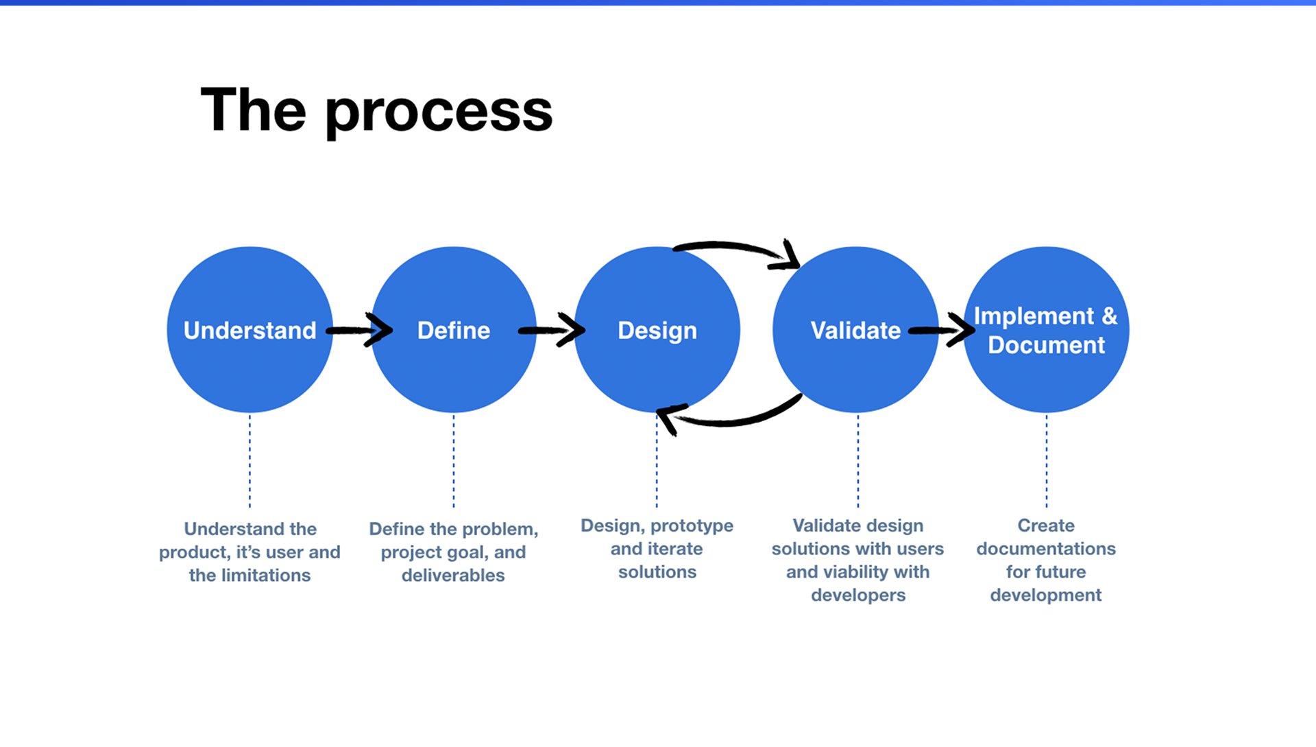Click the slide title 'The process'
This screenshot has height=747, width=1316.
click(376, 110)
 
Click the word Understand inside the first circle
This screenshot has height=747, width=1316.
click(249, 331)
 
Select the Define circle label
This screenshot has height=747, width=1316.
click(454, 331)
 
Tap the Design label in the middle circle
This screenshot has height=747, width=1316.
click(657, 331)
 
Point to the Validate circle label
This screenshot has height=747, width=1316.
click(855, 331)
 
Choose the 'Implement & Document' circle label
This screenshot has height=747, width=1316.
click(1046, 331)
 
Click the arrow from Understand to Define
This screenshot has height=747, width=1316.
click(359, 330)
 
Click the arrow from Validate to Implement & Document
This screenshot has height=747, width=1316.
click(942, 330)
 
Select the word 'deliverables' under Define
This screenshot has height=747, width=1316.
click(453, 576)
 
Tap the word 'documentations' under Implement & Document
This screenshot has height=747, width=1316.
click(1046, 549)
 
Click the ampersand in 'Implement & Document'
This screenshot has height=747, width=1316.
click(1109, 316)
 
